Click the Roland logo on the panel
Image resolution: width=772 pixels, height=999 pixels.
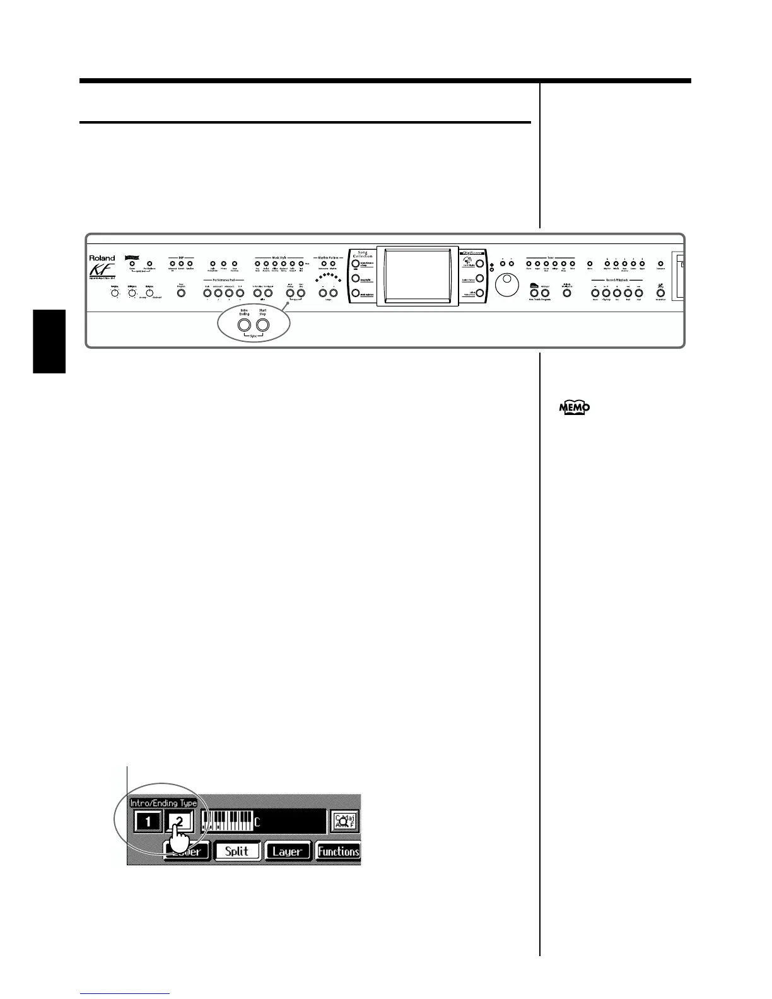[102, 258]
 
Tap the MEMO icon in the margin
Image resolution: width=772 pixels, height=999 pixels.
[574, 409]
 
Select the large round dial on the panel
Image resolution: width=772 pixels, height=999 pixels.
[506, 285]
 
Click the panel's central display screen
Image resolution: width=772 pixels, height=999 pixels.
[418, 276]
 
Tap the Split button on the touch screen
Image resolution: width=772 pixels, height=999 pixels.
[237, 851]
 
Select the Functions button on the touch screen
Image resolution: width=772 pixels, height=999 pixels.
[338, 851]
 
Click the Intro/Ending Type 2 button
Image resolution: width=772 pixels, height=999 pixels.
[180, 822]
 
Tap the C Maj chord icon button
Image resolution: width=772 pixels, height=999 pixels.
[344, 822]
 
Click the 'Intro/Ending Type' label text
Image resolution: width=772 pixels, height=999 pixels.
[163, 803]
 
